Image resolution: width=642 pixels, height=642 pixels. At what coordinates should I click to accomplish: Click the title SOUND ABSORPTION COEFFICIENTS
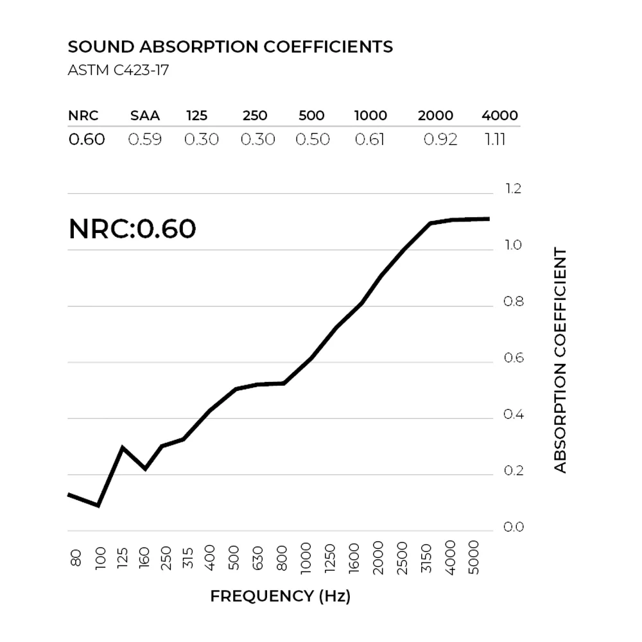230,47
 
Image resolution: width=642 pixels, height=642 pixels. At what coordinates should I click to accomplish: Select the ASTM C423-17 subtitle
118,70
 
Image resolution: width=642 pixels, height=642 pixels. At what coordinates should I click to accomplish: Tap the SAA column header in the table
145,116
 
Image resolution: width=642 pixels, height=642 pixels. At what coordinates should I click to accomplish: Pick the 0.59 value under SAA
145,139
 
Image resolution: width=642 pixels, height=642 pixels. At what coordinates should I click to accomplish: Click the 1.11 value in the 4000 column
495,139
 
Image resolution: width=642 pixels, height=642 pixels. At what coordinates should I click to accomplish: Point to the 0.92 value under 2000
440,139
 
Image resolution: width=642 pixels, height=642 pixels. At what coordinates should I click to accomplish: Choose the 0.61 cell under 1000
370,139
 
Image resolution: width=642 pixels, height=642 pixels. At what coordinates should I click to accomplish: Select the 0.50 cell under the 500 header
313,139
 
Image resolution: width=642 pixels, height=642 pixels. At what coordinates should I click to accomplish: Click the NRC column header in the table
83,116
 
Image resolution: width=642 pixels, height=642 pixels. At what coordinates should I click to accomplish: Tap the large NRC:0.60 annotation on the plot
132,229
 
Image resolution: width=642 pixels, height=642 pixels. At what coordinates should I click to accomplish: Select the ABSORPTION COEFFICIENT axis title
560,360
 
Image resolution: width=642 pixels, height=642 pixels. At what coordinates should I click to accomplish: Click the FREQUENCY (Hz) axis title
281,596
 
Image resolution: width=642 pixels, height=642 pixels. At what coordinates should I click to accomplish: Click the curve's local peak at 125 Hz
122,447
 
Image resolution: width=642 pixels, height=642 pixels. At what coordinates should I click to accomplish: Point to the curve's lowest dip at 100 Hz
98,506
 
